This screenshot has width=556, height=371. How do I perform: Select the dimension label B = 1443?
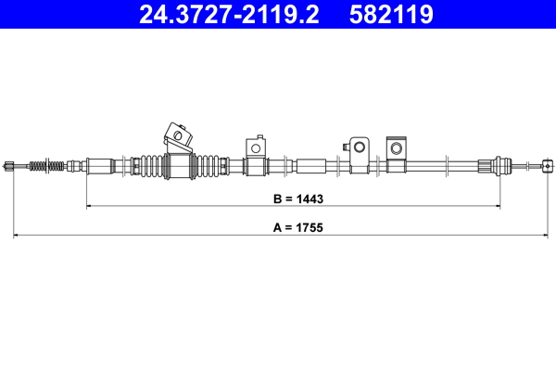coord(294,198)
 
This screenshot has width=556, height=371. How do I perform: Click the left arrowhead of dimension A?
coord(17,236)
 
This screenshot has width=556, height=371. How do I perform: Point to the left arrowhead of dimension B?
coord(90,207)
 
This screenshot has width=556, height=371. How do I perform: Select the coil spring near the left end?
coord(48,167)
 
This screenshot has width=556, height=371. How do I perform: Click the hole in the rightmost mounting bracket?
coord(396,148)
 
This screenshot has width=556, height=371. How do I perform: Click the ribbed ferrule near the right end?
coord(485,167)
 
